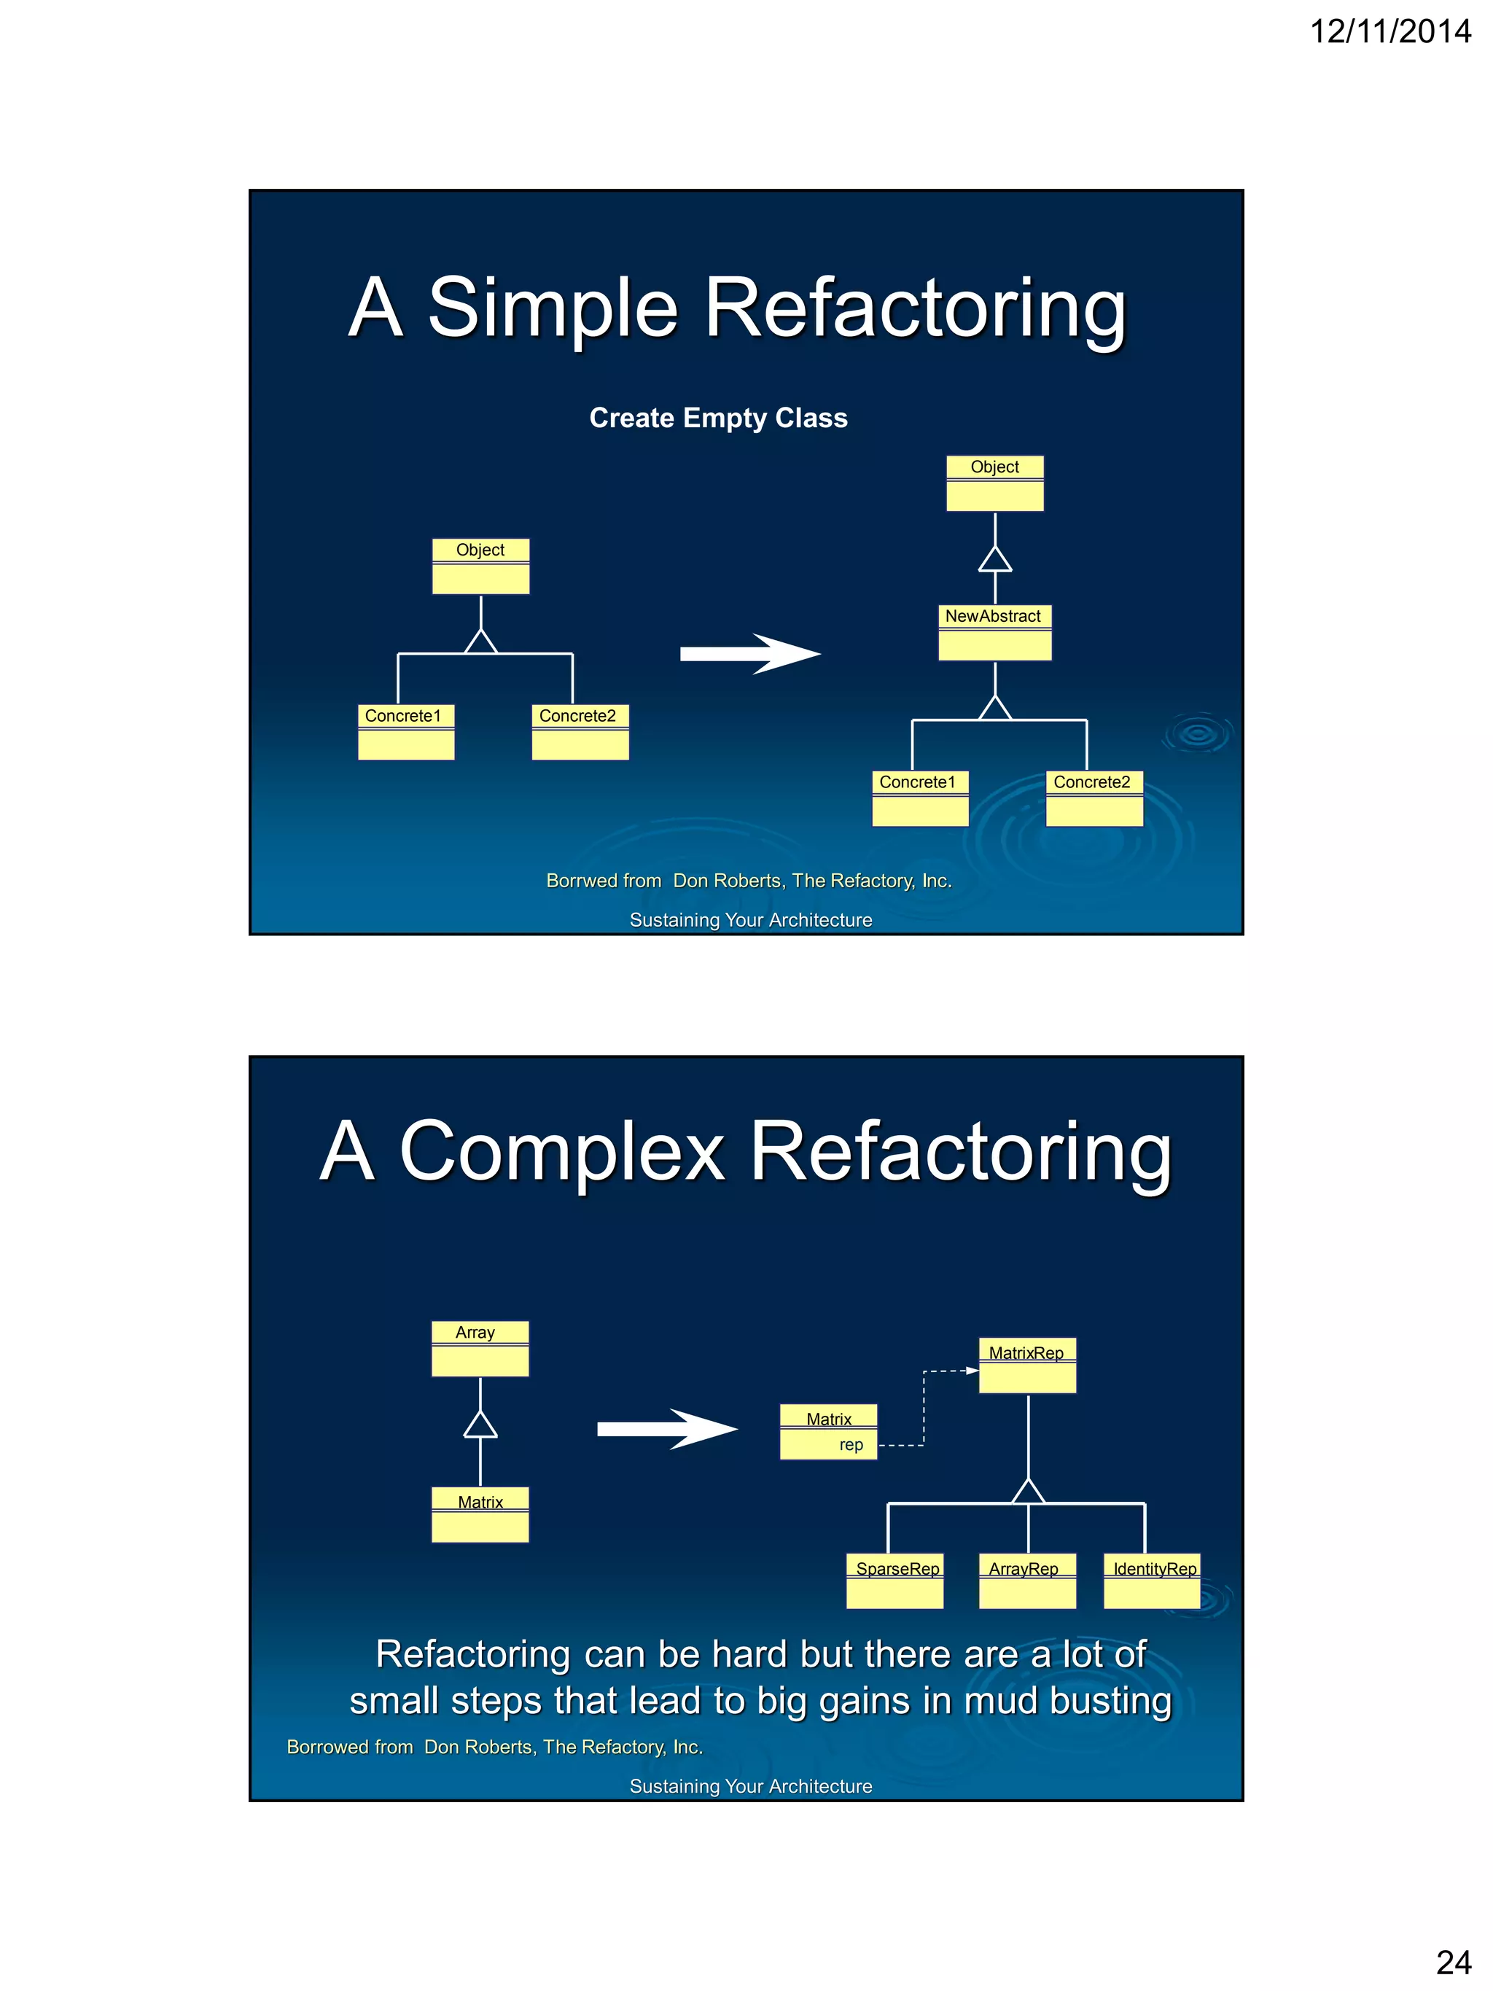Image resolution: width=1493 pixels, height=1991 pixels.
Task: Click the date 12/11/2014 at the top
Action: [x=1389, y=31]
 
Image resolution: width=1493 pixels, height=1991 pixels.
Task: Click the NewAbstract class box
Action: [x=994, y=632]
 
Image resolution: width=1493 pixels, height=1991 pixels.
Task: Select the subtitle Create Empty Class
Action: [x=718, y=418]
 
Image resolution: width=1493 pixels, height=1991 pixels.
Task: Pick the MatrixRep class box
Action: [x=1027, y=1365]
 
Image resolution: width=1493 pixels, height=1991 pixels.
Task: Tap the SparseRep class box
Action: [x=894, y=1581]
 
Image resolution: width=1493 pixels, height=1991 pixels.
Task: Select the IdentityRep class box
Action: [x=1152, y=1581]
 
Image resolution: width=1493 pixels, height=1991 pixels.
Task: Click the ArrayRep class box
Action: [x=1027, y=1581]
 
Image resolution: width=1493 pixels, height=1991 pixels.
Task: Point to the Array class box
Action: [x=480, y=1348]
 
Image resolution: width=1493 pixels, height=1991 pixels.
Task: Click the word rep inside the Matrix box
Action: [x=851, y=1445]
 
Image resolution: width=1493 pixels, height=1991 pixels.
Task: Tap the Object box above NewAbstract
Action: [x=994, y=483]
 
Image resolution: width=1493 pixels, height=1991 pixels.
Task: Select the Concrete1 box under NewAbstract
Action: [x=920, y=798]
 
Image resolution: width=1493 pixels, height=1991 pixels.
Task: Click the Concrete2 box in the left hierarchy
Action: [x=580, y=732]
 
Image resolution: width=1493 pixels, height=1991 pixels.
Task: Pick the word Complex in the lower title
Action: [x=561, y=1151]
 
